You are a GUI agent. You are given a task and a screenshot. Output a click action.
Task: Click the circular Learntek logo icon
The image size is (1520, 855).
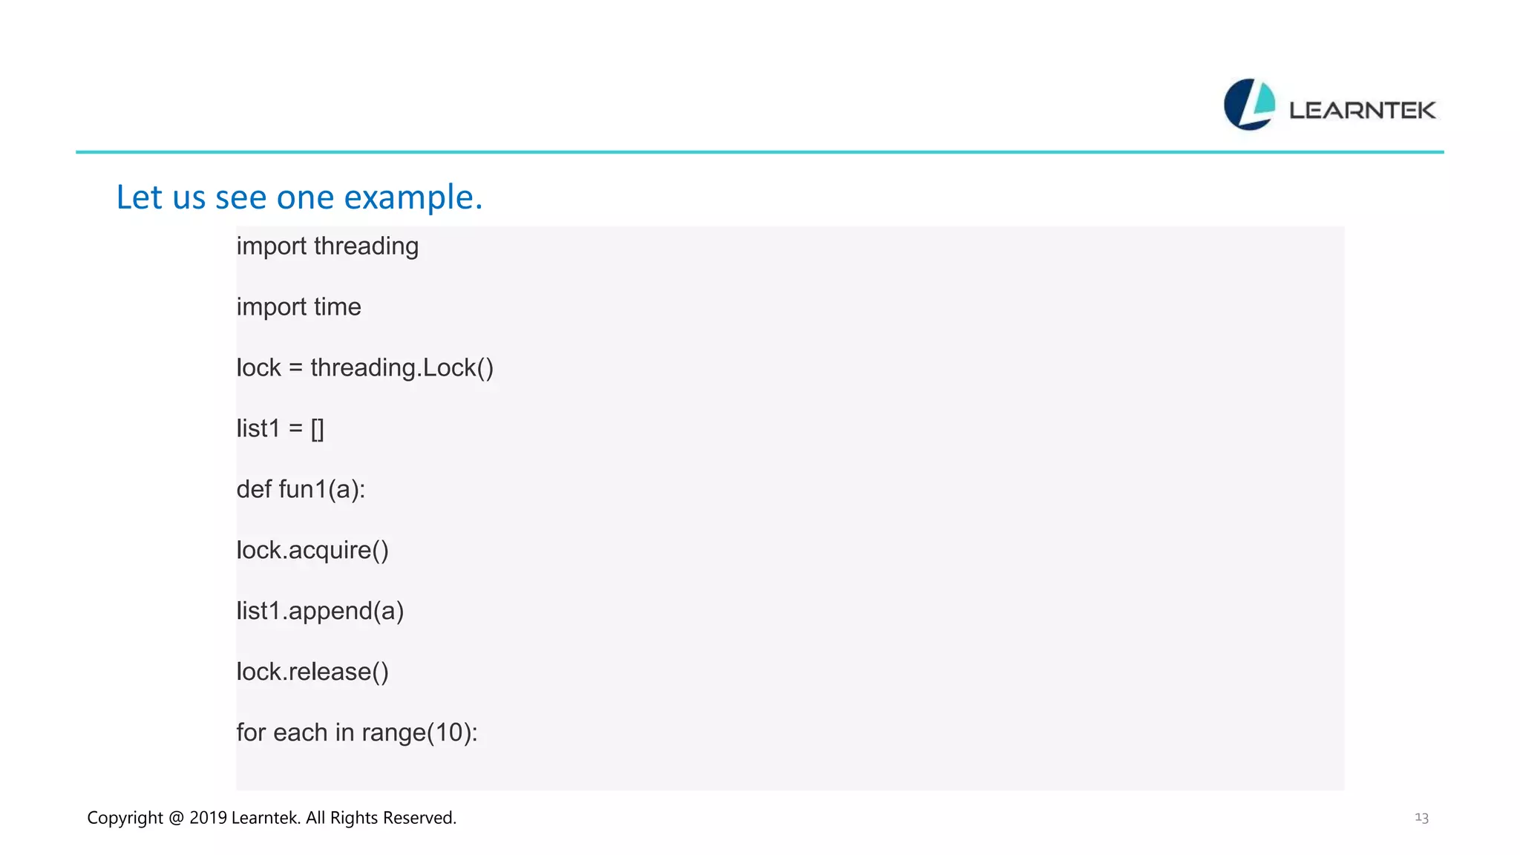[x=1249, y=105]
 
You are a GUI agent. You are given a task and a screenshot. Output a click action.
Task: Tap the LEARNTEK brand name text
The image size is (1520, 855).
[x=1362, y=111]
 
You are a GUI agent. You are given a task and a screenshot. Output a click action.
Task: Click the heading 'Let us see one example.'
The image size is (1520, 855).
[x=299, y=197]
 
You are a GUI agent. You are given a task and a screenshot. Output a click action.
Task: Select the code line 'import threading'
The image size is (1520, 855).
[x=327, y=246]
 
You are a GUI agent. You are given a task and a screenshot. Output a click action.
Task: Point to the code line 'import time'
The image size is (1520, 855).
[x=298, y=307]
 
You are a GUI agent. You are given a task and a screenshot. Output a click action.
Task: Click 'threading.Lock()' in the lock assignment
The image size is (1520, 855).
[x=402, y=368]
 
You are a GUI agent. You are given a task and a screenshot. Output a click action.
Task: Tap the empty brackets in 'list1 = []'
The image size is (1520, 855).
[x=317, y=429]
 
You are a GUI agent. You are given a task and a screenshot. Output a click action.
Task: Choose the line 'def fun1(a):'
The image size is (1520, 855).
[x=301, y=490]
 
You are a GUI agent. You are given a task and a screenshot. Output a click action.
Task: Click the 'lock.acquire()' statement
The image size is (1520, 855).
[x=312, y=551]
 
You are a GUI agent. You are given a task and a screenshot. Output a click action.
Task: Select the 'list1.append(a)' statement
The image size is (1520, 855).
[x=320, y=612]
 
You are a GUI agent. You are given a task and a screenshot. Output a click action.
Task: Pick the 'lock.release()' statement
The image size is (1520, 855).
[x=312, y=672]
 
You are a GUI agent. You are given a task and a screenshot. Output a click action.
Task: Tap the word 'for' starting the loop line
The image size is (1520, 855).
[x=251, y=733]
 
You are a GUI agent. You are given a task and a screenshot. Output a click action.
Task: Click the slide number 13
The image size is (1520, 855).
[x=1421, y=818]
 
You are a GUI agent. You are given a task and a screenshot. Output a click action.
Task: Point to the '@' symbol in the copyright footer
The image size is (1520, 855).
[x=176, y=818]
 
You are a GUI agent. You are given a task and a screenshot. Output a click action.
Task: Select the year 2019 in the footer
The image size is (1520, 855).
[x=208, y=818]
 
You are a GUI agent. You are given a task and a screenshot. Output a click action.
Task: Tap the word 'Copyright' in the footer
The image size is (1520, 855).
[x=125, y=818]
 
